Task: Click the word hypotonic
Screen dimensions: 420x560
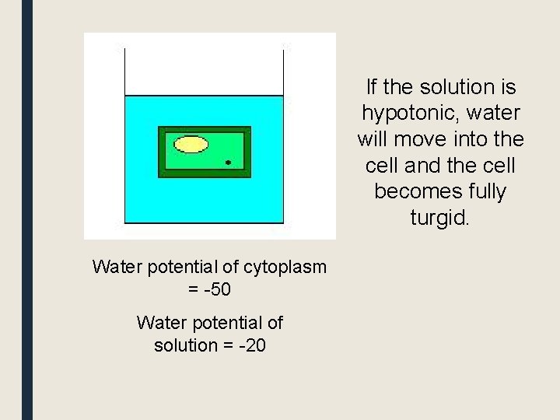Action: point(406,114)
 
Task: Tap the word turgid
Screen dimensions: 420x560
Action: point(439,218)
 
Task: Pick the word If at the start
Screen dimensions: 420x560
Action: point(371,87)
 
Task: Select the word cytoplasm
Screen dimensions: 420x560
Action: point(285,267)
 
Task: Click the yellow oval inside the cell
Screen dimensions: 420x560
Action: point(191,144)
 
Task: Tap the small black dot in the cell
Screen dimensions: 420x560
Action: point(228,163)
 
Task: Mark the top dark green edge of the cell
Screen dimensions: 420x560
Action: point(205,129)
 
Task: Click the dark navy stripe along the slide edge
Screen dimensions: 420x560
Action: point(27,210)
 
